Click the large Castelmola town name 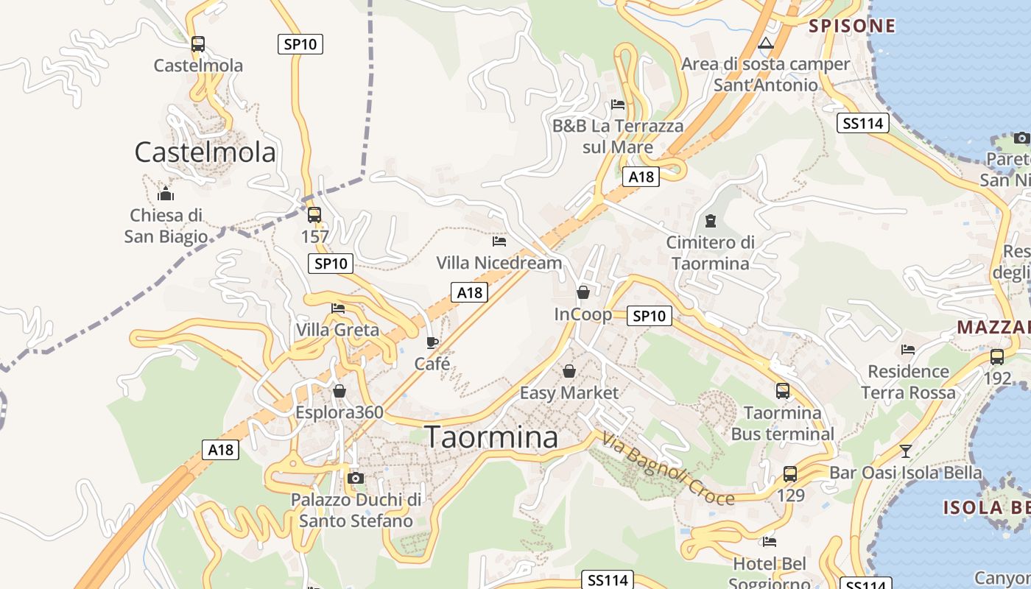point(205,152)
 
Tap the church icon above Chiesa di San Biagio point(166,194)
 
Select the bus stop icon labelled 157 point(314,215)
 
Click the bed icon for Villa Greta point(338,308)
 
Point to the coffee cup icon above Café point(432,342)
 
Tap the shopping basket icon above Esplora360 point(339,391)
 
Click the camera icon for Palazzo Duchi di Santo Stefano point(356,478)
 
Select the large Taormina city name point(491,437)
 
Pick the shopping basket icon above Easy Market point(569,370)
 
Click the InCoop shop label point(583,314)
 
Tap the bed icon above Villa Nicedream point(499,241)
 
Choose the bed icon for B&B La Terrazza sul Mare point(618,105)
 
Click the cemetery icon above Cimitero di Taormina point(711,220)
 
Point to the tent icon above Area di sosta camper point(766,43)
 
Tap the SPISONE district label point(852,27)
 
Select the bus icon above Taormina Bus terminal point(782,391)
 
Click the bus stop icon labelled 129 point(790,474)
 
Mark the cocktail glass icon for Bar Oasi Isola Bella point(906,451)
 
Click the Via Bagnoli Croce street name point(668,469)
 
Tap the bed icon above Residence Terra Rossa point(908,350)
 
